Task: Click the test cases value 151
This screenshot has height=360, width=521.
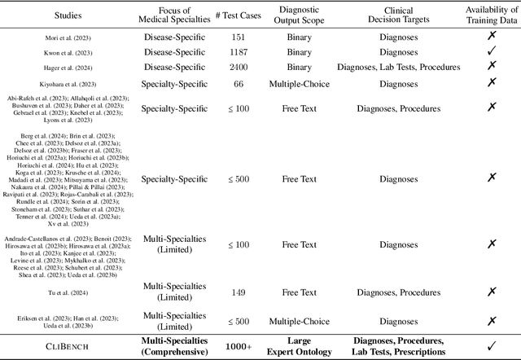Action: (x=239, y=37)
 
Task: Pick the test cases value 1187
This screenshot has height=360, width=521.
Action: (x=239, y=52)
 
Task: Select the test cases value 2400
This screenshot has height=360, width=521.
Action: (x=239, y=68)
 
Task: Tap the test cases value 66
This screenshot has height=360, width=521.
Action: (x=239, y=84)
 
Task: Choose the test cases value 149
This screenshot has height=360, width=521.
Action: (x=239, y=292)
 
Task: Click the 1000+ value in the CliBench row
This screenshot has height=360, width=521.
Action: (x=239, y=346)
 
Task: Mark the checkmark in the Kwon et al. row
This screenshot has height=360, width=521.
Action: (x=491, y=52)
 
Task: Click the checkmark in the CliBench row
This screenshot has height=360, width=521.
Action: (x=491, y=346)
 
